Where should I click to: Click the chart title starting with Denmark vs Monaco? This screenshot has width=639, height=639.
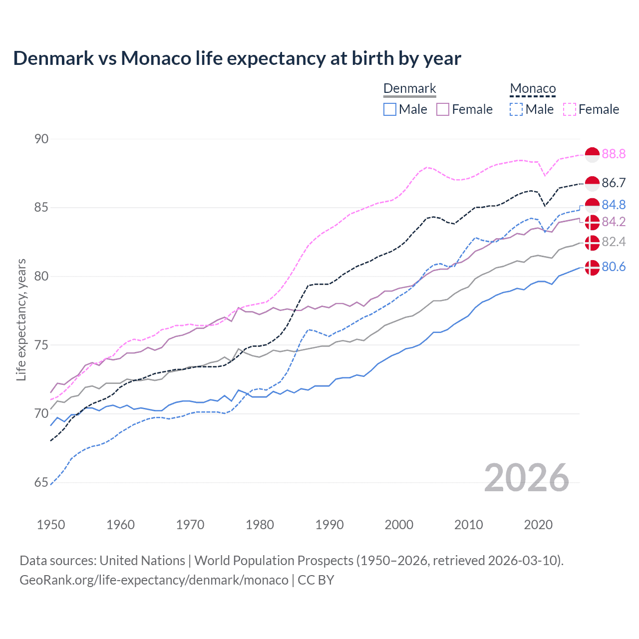tap(237, 58)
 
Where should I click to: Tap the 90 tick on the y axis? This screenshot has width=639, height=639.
tap(41, 139)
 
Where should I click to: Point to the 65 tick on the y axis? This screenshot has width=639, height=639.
tap(41, 482)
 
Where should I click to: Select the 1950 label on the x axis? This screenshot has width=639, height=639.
tap(51, 525)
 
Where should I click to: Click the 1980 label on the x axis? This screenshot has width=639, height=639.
tap(260, 525)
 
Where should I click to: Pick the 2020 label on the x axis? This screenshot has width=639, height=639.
tap(538, 525)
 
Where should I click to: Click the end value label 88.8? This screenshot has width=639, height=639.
tap(614, 154)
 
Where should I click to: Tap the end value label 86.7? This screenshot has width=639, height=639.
tap(614, 183)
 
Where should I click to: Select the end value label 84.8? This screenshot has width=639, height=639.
tap(614, 205)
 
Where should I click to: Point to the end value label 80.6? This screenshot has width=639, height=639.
tap(614, 267)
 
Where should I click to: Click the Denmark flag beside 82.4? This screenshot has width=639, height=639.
tap(592, 243)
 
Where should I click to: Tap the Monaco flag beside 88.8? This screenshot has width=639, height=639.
tap(592, 155)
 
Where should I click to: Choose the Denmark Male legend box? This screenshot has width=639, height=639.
tap(390, 109)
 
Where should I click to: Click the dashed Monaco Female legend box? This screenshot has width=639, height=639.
tap(570, 109)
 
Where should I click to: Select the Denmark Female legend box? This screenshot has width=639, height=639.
tap(443, 109)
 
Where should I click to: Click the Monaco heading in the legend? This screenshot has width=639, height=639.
tap(533, 89)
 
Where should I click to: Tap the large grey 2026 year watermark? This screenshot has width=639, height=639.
tap(526, 478)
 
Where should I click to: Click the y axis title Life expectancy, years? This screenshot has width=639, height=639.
tap(21, 319)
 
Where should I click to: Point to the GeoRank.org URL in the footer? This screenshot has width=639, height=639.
tap(154, 580)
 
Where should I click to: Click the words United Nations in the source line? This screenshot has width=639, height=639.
tap(142, 561)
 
